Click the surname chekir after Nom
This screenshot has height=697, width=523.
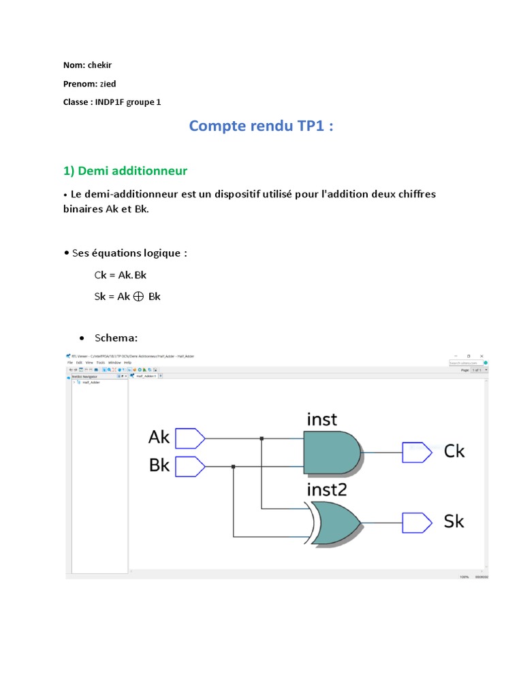99,65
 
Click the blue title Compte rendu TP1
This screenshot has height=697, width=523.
261,126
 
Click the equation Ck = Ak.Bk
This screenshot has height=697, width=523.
121,275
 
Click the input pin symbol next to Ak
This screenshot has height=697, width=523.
190,438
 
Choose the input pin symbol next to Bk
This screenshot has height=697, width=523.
190,466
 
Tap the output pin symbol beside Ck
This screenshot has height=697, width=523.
416,452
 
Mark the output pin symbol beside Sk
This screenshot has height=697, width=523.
416,523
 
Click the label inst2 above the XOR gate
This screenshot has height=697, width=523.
328,489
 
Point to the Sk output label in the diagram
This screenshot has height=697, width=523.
454,522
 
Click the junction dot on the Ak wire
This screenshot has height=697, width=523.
261,438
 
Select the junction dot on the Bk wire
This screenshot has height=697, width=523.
234,466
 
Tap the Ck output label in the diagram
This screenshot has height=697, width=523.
454,451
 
